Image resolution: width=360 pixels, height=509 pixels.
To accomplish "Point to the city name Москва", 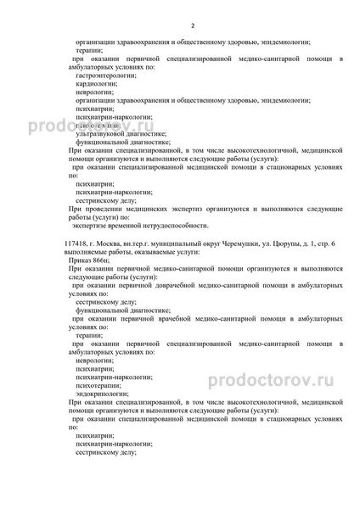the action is (x=112, y=243).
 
